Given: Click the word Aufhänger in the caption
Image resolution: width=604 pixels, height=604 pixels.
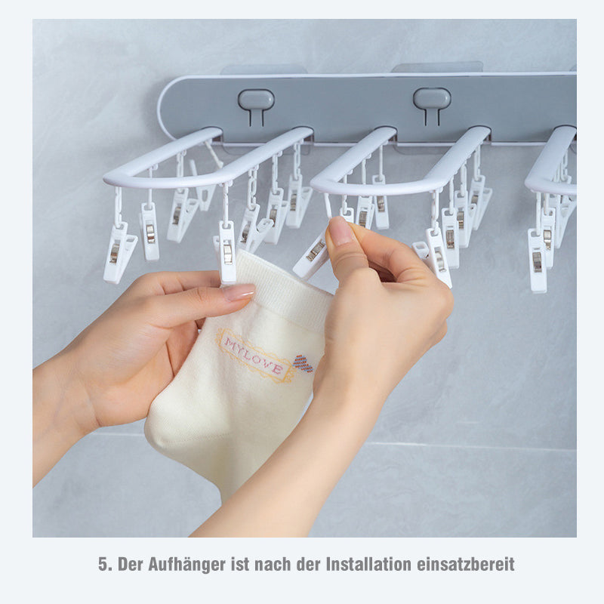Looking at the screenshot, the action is click(x=186, y=565).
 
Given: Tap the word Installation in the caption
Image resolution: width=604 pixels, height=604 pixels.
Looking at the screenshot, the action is click(x=368, y=564).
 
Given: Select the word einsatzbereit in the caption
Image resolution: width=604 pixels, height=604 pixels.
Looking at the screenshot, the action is click(x=466, y=564).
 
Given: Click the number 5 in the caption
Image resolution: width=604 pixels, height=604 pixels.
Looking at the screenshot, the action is click(x=103, y=564).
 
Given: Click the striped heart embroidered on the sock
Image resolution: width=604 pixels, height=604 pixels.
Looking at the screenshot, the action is click(x=304, y=363).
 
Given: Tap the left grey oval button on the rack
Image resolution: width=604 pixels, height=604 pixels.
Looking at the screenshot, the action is click(x=256, y=99).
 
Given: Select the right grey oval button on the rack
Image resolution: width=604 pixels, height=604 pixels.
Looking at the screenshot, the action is click(x=432, y=99).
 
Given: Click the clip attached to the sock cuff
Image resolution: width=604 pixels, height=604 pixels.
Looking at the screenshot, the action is click(x=227, y=252).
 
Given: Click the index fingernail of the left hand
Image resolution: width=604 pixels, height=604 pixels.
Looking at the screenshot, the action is click(x=239, y=293).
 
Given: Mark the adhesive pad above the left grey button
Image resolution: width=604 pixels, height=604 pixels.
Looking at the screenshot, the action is click(x=263, y=69).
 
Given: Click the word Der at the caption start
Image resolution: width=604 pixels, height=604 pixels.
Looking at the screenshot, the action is click(x=130, y=565).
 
